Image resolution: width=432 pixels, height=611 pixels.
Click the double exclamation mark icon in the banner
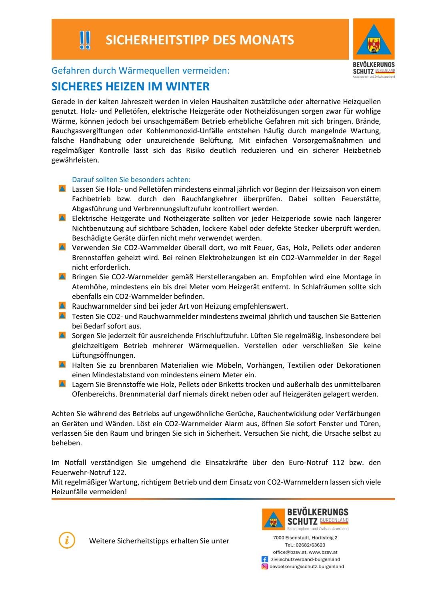click(x=84, y=40)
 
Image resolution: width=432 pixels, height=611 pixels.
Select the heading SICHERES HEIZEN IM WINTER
click(x=130, y=86)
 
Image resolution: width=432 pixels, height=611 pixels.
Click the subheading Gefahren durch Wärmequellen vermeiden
click(x=140, y=70)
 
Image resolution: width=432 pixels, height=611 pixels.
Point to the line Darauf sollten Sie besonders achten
click(x=131, y=180)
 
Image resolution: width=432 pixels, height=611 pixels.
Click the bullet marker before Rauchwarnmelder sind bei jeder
click(x=62, y=306)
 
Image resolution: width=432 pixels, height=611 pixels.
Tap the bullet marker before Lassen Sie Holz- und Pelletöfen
click(x=62, y=189)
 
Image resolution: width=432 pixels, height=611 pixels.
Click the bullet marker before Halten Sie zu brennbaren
click(x=62, y=365)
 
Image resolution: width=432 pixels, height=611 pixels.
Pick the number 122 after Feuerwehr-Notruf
click(x=119, y=472)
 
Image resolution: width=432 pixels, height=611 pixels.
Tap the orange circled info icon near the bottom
click(x=67, y=540)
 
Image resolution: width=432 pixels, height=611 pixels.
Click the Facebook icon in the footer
click(x=264, y=559)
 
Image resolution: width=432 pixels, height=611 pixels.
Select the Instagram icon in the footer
click(x=264, y=567)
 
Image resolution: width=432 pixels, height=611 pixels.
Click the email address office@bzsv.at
click(x=290, y=552)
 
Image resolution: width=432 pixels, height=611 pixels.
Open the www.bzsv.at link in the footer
click(x=323, y=552)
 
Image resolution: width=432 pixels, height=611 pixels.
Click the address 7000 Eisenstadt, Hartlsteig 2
click(x=305, y=538)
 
